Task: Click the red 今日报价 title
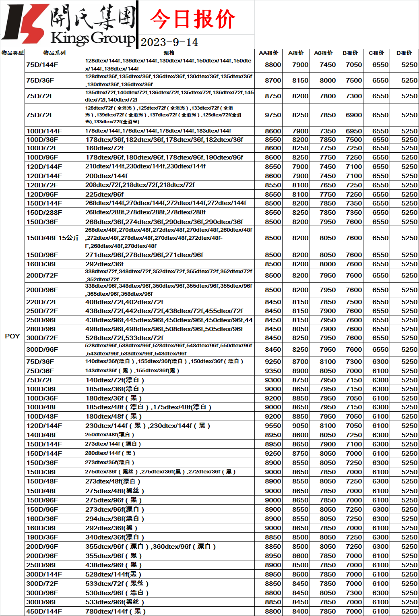tap(192, 19)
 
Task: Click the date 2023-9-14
tap(169, 42)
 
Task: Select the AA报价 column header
tap(268, 53)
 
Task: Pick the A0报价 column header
tap(323, 53)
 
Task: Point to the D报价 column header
tap(404, 53)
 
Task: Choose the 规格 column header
tap(169, 53)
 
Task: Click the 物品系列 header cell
tap(54, 53)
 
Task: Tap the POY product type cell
tap(12, 336)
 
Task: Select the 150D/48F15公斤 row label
tap(53, 238)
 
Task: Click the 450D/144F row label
tap(44, 611)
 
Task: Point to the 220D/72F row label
tap(42, 302)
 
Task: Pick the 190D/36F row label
tap(42, 537)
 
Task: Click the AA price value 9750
tap(273, 115)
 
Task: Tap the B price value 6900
tap(354, 115)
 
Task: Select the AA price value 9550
tap(273, 425)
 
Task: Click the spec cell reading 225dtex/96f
tap(105, 194)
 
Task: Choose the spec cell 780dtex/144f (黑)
tap(116, 611)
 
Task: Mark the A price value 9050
tap(300, 425)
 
